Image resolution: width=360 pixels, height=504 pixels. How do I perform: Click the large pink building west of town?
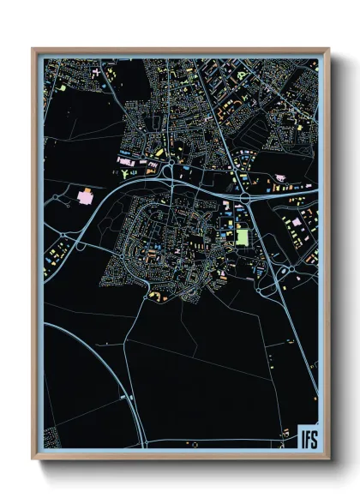(87, 196)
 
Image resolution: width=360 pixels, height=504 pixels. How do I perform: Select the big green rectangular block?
(242, 235)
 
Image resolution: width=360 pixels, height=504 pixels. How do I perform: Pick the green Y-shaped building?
(127, 175)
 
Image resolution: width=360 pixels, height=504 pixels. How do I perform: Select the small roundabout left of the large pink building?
(57, 198)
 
